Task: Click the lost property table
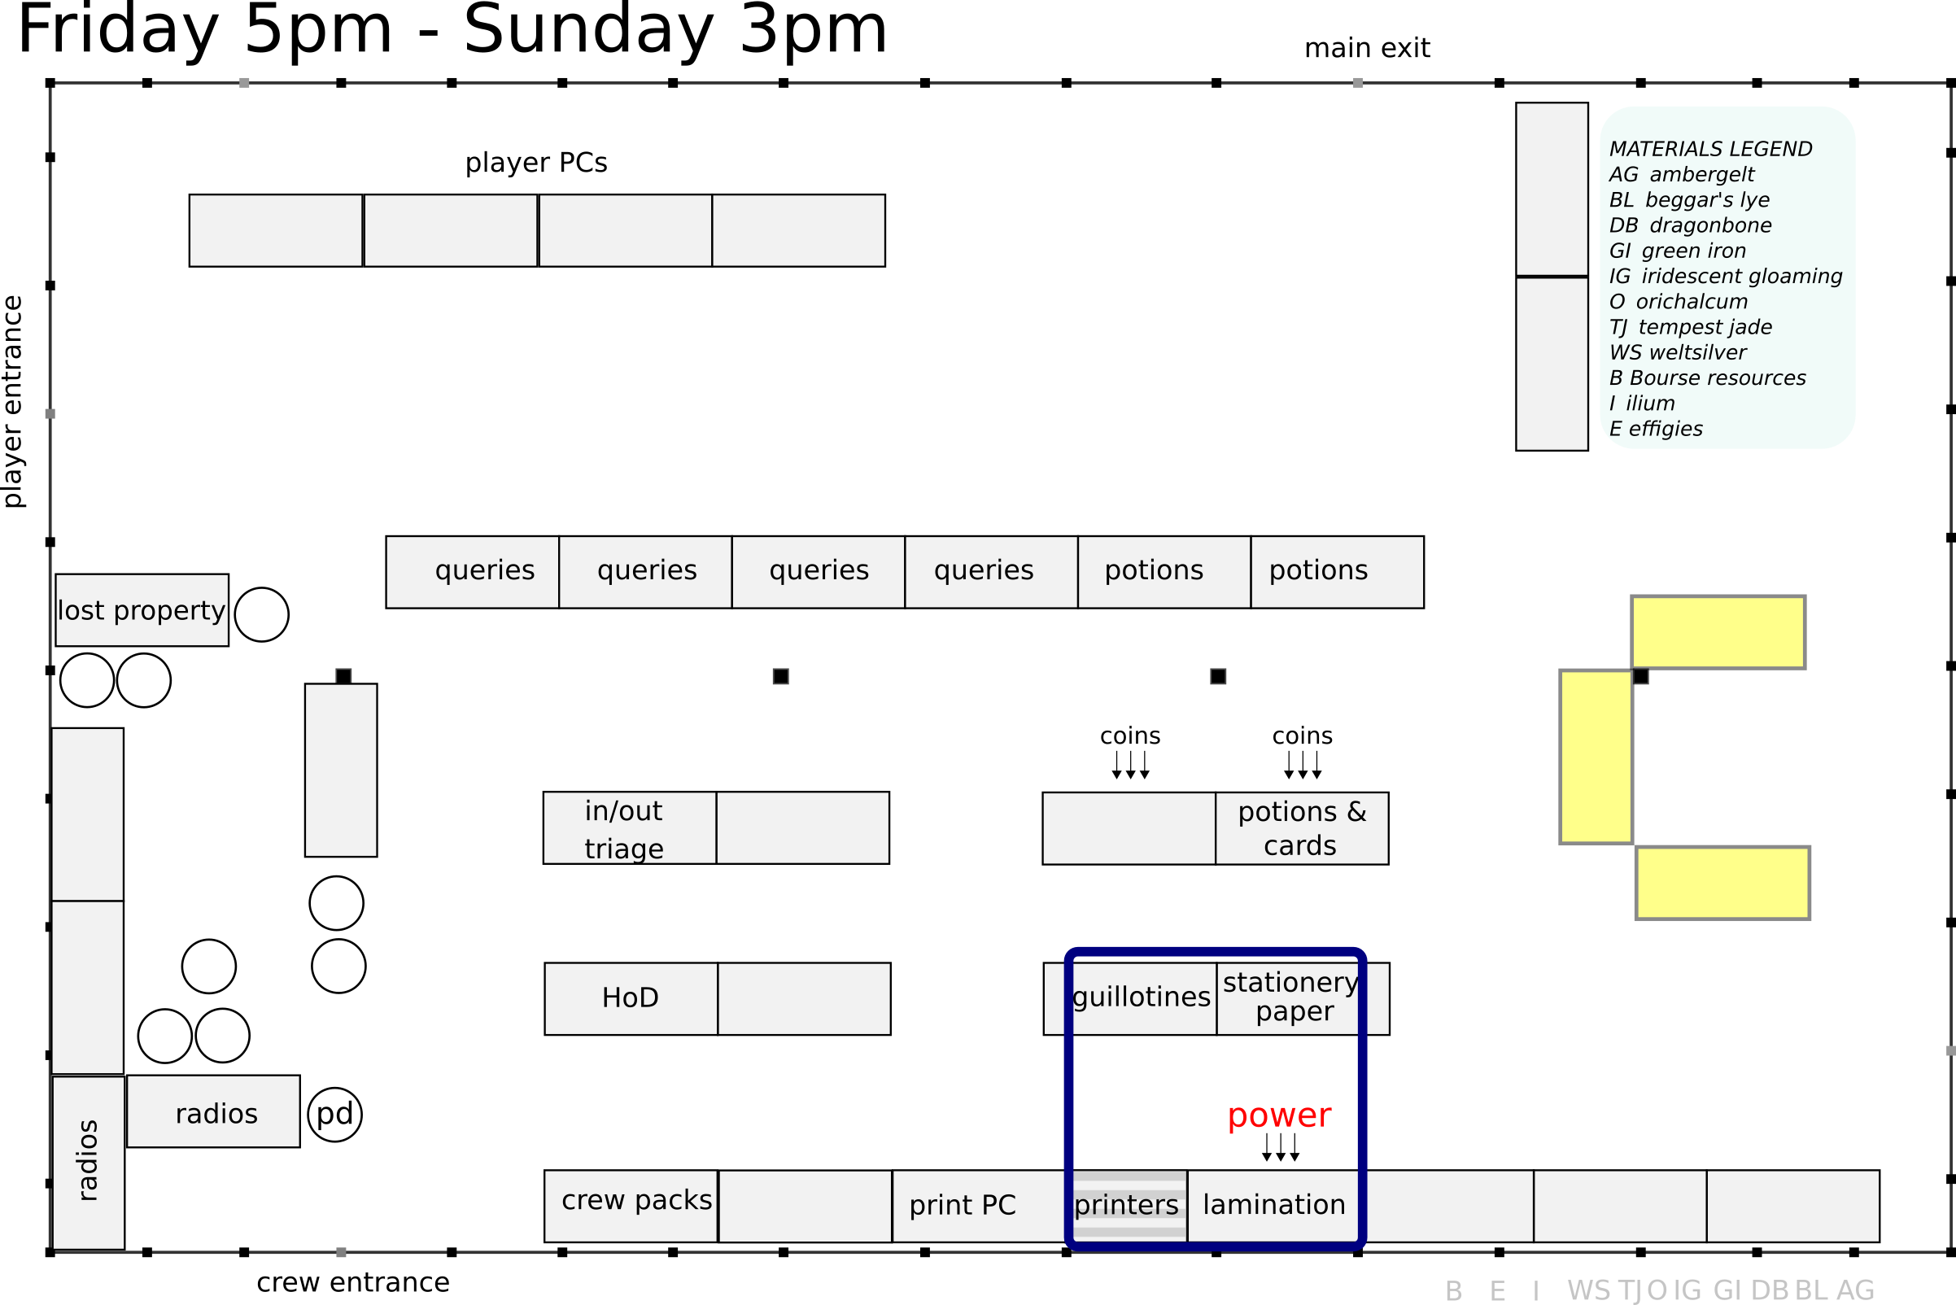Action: point(142,610)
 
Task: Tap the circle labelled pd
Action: point(334,1115)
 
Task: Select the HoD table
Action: point(631,999)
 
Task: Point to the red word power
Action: point(1279,1115)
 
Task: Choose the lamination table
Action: point(1274,1205)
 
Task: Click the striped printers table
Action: point(1127,1205)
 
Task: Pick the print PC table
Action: point(963,1205)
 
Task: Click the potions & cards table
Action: point(1302,828)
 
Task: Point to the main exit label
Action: point(1367,48)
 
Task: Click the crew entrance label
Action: point(353,1282)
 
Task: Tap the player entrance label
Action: point(13,401)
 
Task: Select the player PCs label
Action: point(536,162)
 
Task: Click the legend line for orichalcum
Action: point(1678,301)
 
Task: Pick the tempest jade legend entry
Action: point(1690,327)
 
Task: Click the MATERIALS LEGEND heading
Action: point(1709,149)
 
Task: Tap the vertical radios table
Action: point(88,1163)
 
